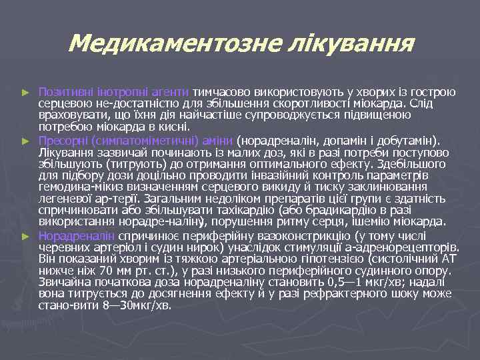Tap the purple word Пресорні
[x=63, y=140]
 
